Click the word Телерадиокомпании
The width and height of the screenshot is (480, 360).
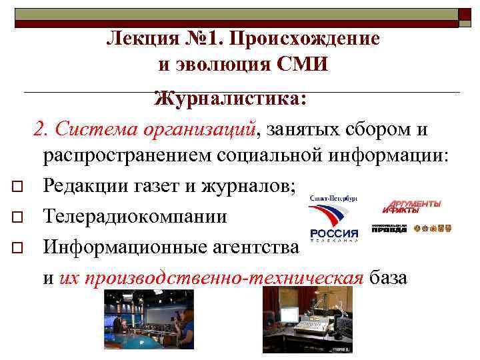pos(135,217)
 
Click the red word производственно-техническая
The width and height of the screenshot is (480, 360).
pos(211,277)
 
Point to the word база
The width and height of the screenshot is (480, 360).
pos(387,277)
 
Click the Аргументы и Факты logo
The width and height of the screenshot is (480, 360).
pos(411,207)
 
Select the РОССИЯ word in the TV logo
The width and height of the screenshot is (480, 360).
pos(334,233)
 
